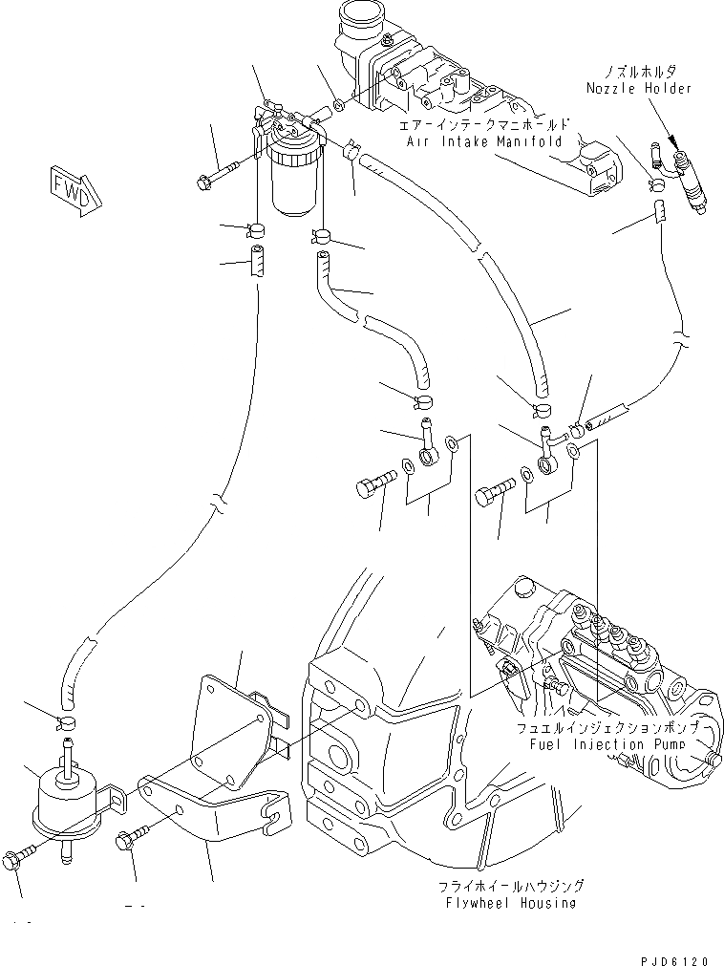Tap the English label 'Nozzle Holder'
click(639, 88)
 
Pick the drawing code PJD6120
click(677, 954)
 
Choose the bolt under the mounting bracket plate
click(129, 841)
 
